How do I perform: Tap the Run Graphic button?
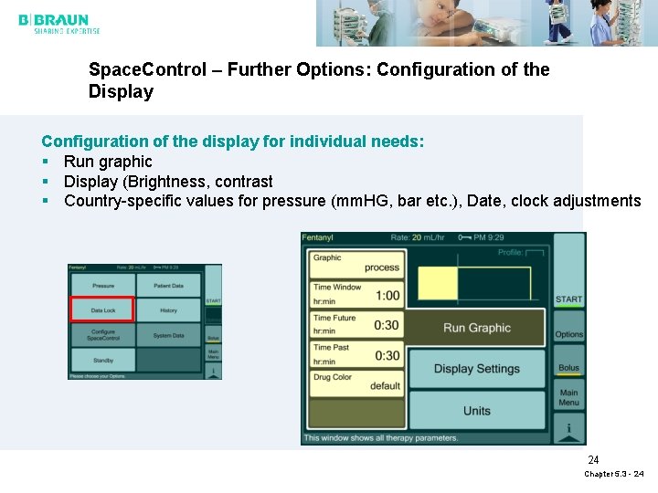pos(476,328)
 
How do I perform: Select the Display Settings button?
pos(476,369)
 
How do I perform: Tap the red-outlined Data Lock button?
pos(102,310)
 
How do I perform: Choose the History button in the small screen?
pos(169,310)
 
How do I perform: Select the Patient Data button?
pos(169,286)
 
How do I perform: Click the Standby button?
pos(102,360)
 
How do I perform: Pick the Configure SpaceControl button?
pos(102,334)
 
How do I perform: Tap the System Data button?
pos(169,335)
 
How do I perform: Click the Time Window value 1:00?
pos(387,296)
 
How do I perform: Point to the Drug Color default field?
pos(356,382)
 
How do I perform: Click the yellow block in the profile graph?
pos(437,284)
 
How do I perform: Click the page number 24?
pos(593,460)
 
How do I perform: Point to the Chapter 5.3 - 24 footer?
pos(614,474)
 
